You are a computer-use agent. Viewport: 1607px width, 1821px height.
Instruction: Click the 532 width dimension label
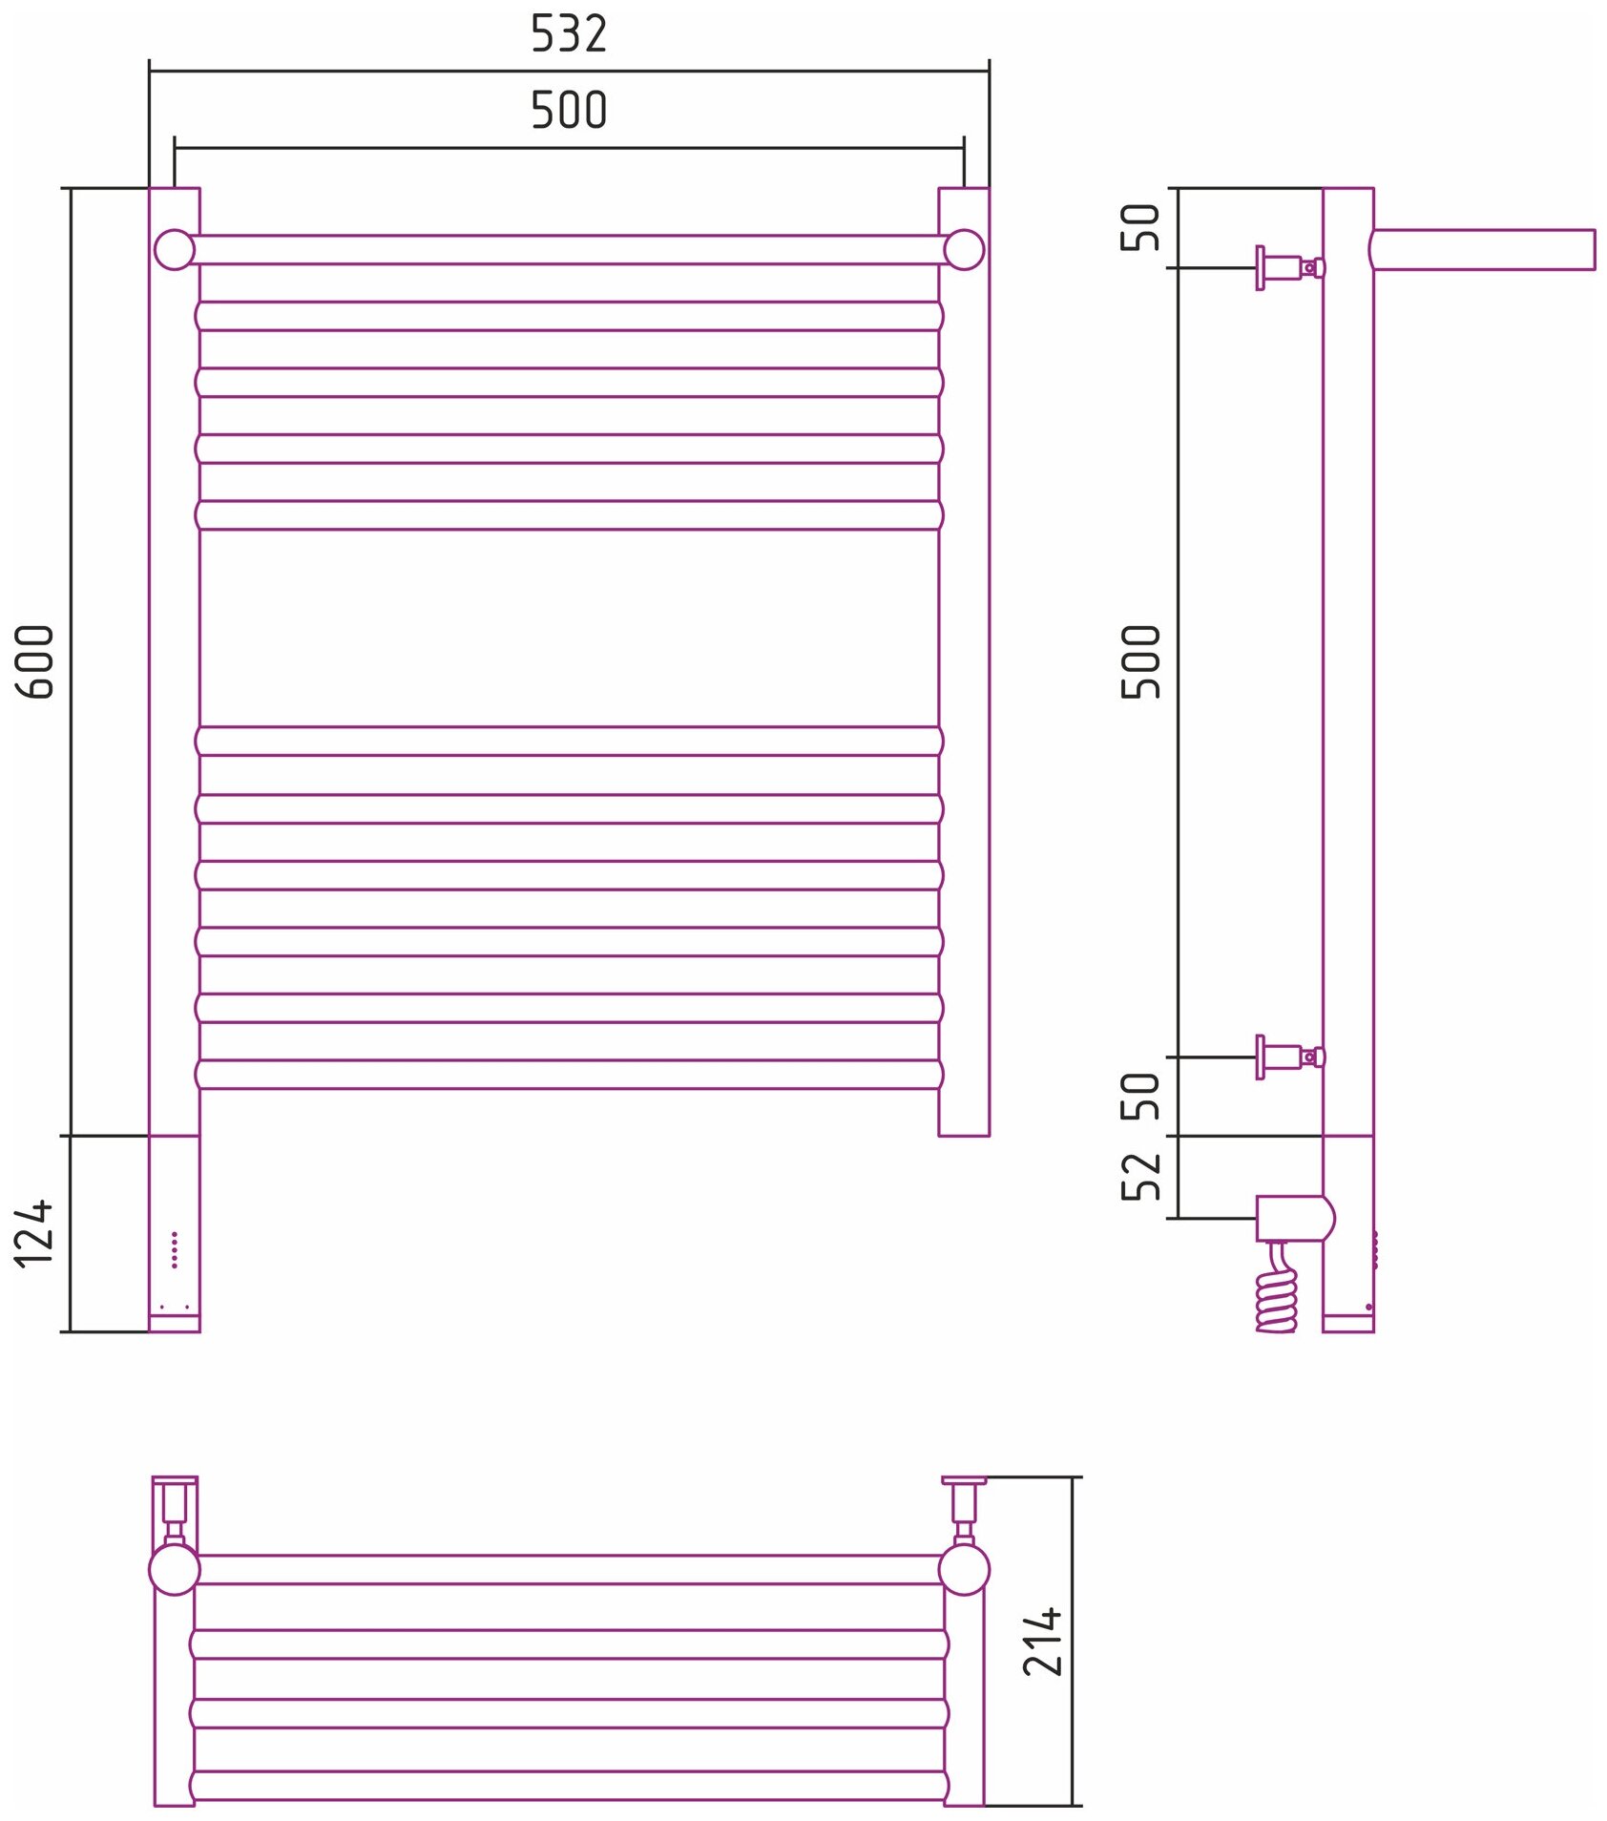(x=569, y=34)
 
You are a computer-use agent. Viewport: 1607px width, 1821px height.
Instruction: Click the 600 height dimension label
(x=35, y=661)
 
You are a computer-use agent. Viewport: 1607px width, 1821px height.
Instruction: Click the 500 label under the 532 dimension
(x=569, y=111)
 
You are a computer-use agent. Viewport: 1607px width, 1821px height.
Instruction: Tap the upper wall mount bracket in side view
(x=1288, y=268)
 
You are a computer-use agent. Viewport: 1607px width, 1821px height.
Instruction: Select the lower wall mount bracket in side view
(x=1288, y=1057)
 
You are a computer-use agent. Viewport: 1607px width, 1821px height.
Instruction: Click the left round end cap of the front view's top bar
(x=175, y=250)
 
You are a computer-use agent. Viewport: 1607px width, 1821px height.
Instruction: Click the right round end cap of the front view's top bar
(x=964, y=250)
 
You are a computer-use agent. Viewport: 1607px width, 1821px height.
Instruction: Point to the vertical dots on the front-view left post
(x=175, y=1249)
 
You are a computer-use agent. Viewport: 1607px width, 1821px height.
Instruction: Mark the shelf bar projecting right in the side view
(x=1484, y=250)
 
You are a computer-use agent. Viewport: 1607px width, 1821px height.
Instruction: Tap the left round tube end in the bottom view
(x=175, y=1569)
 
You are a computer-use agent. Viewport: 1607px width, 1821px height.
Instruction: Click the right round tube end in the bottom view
(x=964, y=1569)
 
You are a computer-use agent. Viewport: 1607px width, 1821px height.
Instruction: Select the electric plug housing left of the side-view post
(x=1293, y=1218)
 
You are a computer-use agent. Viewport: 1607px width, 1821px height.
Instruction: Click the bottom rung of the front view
(x=569, y=1074)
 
